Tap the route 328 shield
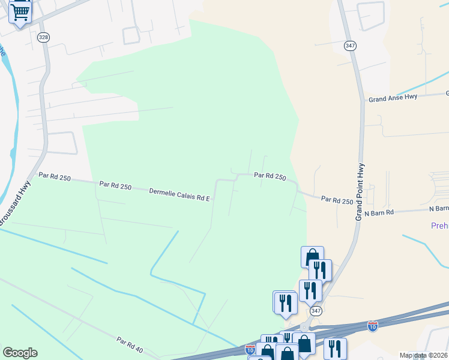[43, 37]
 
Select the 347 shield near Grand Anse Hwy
[350, 46]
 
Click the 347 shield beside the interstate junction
[315, 311]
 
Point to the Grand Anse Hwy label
[393, 98]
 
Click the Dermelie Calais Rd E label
[179, 194]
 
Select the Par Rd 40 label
[130, 344]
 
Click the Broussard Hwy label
[15, 203]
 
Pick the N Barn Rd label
[379, 212]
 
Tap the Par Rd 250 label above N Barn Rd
[337, 200]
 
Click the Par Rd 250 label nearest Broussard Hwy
[55, 177]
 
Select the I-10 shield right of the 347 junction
[373, 326]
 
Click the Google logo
[20, 353]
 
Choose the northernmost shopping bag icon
[312, 256]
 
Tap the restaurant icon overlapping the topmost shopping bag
[321, 269]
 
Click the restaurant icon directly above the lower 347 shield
[310, 290]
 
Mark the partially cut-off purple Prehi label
[439, 226]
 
